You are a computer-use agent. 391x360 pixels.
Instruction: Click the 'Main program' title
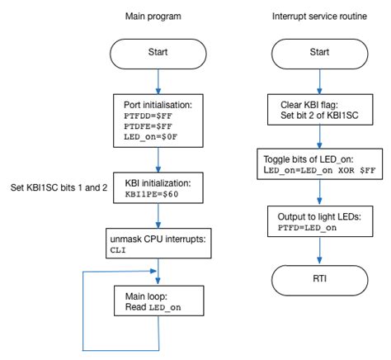tap(154, 16)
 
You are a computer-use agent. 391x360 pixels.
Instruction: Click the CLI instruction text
tap(120, 251)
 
